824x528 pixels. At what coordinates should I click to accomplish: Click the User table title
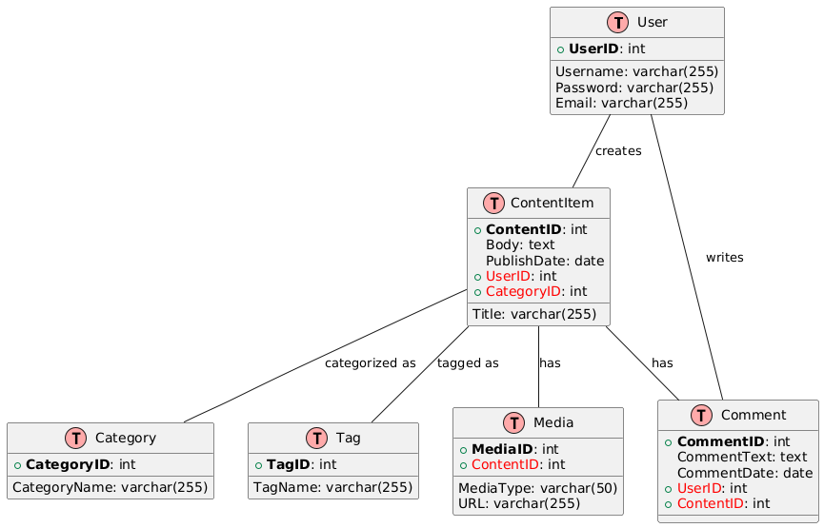[652, 22]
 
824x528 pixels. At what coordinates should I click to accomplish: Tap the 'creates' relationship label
[617, 151]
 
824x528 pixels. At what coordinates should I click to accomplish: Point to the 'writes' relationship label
[724, 258]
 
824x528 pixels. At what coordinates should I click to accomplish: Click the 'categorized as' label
[370, 363]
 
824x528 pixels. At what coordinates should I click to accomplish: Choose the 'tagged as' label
[467, 363]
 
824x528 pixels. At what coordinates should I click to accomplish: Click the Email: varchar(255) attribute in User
[621, 103]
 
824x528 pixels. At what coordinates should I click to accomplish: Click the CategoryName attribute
[110, 488]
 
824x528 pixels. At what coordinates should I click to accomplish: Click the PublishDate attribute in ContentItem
[545, 261]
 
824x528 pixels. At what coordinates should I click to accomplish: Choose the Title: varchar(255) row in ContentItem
[541, 314]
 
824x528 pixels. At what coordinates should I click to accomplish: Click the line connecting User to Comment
[687, 257]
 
